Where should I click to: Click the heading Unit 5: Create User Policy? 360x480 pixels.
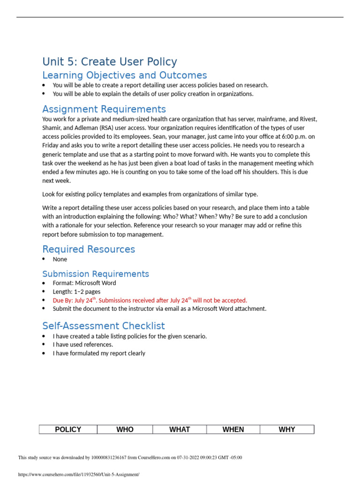pos(110,62)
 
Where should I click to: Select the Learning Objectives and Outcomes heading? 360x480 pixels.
pos(124,75)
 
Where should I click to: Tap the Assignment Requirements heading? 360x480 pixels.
pos(104,109)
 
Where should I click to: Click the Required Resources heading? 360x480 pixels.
pos(89,249)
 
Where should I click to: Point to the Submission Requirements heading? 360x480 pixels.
pos(96,274)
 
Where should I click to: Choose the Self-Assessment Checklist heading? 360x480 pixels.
pos(104,326)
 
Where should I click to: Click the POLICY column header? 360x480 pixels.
pos(68,429)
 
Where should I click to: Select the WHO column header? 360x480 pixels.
pos(125,429)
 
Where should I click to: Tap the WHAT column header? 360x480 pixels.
pos(180,429)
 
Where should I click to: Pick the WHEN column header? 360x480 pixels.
pos(233,429)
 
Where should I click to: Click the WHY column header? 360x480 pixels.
pos(287,429)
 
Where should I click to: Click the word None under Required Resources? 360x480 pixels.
pos(60,259)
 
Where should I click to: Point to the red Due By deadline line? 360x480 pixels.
pos(150,300)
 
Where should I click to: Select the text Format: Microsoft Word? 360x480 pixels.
pos(84,283)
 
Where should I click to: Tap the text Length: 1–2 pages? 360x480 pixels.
pos(76,292)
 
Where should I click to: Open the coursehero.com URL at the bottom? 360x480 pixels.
pos(79,474)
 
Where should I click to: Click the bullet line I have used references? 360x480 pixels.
pos(83,345)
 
